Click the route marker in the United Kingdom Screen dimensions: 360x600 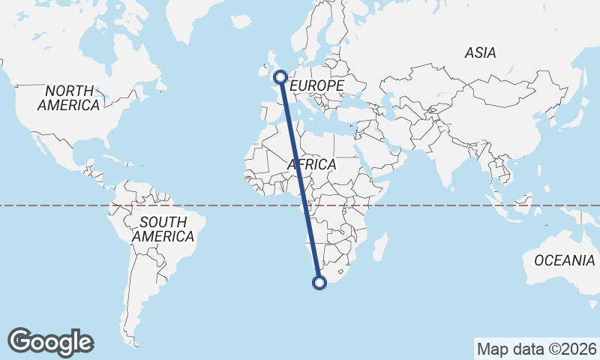point(280,76)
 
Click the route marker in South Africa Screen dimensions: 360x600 point(319,283)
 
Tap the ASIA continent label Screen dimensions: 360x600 point(480,53)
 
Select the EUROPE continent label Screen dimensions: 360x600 point(316,86)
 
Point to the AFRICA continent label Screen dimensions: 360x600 point(311,164)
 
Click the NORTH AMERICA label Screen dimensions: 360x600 point(68,97)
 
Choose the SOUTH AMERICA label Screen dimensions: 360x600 point(163,229)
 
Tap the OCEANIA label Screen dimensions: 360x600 point(564,261)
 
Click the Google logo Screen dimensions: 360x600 point(50,342)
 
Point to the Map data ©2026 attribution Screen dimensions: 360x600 point(536,349)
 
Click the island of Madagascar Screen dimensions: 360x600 point(380,248)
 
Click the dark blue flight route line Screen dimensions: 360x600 point(300,180)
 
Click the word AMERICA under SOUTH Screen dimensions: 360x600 point(163,236)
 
